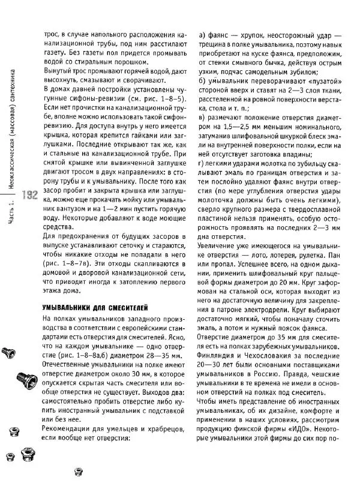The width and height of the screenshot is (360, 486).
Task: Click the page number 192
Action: pyautogui.click(x=28, y=195)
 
